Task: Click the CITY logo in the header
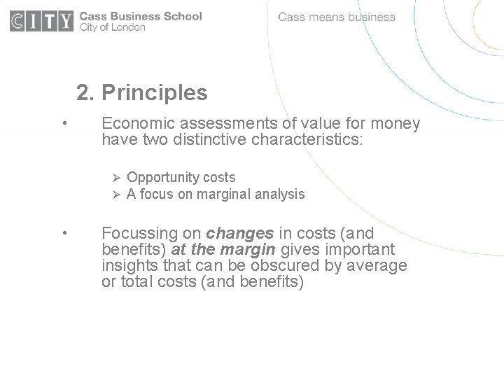41,22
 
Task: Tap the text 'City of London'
113,28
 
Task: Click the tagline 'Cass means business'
337,17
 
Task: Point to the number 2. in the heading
85,92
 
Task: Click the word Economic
134,124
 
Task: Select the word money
395,124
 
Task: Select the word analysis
280,195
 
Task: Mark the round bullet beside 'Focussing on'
64,233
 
